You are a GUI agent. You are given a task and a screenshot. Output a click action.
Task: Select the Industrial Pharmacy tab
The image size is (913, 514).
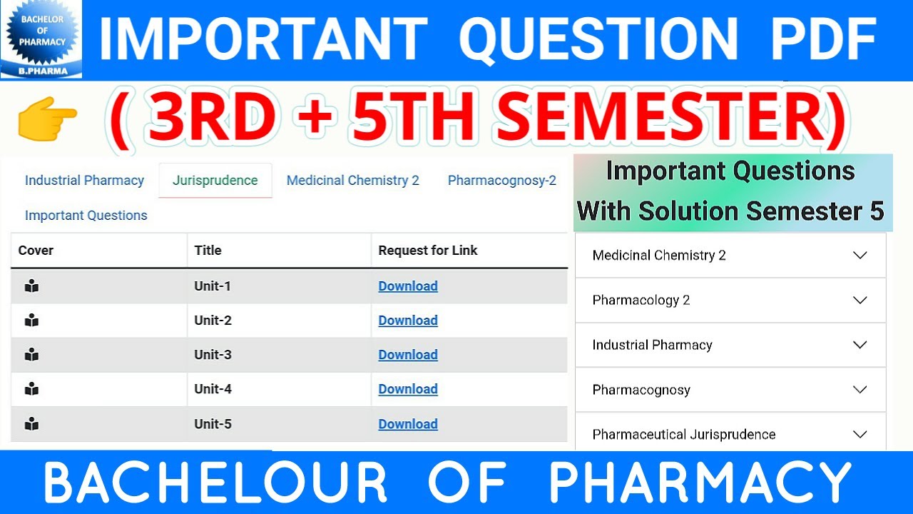pyautogui.click(x=84, y=181)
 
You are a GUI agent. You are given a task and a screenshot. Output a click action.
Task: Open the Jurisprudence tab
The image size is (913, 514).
pyautogui.click(x=215, y=181)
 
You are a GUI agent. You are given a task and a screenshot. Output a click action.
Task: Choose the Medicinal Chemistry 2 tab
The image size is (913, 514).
pyautogui.click(x=352, y=181)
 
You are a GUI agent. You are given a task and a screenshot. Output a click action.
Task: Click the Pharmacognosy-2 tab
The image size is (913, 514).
pyautogui.click(x=501, y=181)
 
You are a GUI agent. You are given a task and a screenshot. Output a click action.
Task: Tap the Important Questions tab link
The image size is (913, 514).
pyautogui.click(x=86, y=216)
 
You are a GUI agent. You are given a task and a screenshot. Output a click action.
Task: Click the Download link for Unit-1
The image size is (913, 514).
pyautogui.click(x=408, y=286)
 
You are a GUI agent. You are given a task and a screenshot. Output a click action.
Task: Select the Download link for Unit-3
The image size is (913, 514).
pyautogui.click(x=408, y=355)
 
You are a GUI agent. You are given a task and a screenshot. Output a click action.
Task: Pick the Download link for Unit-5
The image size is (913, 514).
pyautogui.click(x=408, y=424)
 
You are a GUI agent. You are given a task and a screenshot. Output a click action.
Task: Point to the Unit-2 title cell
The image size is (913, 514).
pyautogui.click(x=213, y=321)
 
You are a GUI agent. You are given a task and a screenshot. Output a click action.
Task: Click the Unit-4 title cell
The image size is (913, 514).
pyautogui.click(x=213, y=389)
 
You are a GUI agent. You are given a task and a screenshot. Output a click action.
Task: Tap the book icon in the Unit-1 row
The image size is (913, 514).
pyautogui.click(x=31, y=286)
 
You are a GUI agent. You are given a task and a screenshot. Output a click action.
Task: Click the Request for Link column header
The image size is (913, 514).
pyautogui.click(x=428, y=251)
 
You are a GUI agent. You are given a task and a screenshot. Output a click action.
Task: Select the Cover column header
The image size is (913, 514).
pyautogui.click(x=36, y=251)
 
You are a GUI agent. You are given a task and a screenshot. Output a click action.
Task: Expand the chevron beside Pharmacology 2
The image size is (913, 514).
pyautogui.click(x=860, y=300)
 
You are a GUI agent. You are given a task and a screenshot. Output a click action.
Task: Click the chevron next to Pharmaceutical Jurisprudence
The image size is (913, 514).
pyautogui.click(x=860, y=434)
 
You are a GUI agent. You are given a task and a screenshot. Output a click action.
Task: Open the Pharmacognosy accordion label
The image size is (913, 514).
pyautogui.click(x=641, y=390)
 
